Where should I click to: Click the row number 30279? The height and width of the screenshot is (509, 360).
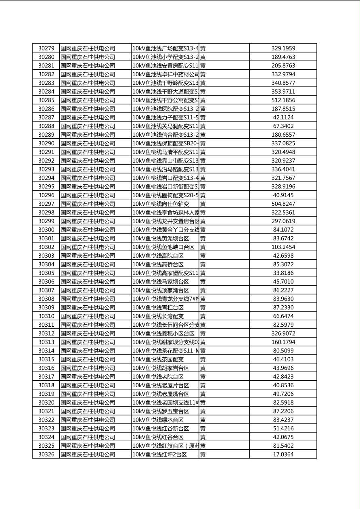pyautogui.click(x=46, y=48)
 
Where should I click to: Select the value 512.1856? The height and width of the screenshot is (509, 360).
pyautogui.click(x=283, y=100)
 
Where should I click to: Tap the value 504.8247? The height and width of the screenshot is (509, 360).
pyautogui.click(x=283, y=204)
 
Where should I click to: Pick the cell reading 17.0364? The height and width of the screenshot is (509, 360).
pyautogui.click(x=283, y=454)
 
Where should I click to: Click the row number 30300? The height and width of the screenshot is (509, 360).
pyautogui.click(x=46, y=229)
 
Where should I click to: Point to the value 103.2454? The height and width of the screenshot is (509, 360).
pyautogui.click(x=283, y=247)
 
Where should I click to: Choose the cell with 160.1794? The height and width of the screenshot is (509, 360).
pyautogui.click(x=283, y=342)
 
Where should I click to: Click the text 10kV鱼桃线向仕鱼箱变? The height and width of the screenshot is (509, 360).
pyautogui.click(x=161, y=204)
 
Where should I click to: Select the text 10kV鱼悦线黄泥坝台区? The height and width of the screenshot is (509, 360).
pyautogui.click(x=161, y=238)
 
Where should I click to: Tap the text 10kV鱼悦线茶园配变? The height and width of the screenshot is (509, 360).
pyautogui.click(x=158, y=359)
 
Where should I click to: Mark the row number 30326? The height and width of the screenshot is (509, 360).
pyautogui.click(x=46, y=454)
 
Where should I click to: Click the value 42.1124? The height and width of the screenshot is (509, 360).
pyautogui.click(x=283, y=117)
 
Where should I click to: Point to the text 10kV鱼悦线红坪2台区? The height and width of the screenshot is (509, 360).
pyautogui.click(x=159, y=454)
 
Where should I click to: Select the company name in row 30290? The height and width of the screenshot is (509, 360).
pyautogui.click(x=88, y=143)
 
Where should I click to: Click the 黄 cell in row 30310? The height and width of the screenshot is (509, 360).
pyautogui.click(x=203, y=316)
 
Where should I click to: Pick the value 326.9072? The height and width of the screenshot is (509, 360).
pyautogui.click(x=283, y=334)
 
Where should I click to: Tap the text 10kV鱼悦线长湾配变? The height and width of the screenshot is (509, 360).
pyautogui.click(x=158, y=316)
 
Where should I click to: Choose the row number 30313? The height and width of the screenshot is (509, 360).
pyautogui.click(x=46, y=342)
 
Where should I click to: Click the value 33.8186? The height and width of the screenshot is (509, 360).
pyautogui.click(x=283, y=273)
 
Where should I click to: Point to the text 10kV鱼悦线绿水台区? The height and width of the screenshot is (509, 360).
pyautogui.click(x=161, y=420)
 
